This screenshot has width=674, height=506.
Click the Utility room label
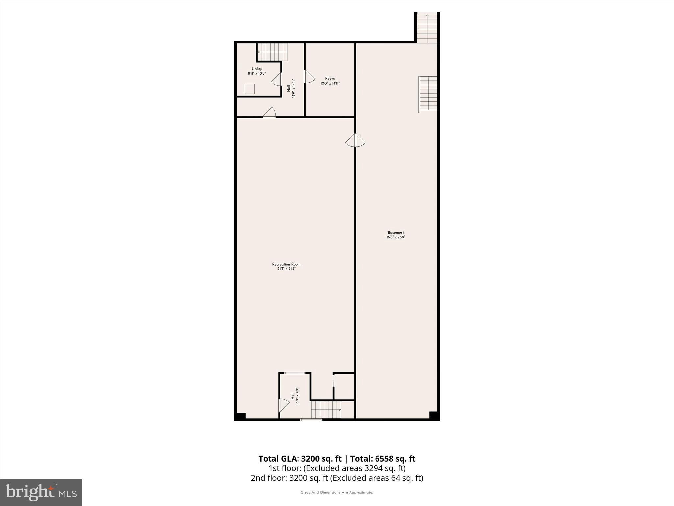[257, 71]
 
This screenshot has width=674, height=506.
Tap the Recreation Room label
[286, 266]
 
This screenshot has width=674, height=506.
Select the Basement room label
[396, 235]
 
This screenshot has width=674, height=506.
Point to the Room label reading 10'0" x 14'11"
[330, 81]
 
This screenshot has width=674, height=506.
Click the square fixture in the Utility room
[250, 89]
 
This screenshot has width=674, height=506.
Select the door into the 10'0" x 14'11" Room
[309, 77]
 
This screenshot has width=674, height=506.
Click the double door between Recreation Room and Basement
[355, 141]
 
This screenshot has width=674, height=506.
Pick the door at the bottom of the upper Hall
[270, 112]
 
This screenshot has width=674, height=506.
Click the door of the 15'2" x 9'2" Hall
[283, 405]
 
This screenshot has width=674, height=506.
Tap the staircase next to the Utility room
[272, 52]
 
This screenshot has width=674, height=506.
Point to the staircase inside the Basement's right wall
[428, 94]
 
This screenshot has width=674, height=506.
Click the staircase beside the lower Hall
[326, 410]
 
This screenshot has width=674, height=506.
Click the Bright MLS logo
[41, 492]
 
